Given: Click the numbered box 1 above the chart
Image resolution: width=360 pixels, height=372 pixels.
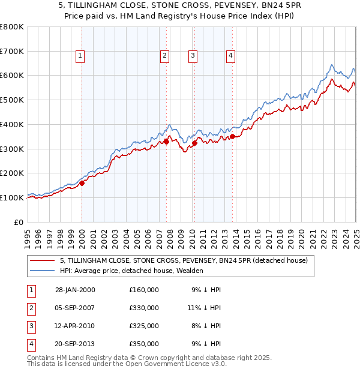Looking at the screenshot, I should [80, 56].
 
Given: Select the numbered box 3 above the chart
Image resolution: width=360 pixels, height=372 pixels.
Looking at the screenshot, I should [193, 56].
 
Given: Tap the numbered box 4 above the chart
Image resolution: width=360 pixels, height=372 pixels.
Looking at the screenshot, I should [230, 56].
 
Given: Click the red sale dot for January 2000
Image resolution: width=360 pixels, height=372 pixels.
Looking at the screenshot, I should [82, 184].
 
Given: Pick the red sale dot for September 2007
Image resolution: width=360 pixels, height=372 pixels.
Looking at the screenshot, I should [166, 142].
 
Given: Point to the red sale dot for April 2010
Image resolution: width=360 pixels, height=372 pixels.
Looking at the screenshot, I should [194, 143].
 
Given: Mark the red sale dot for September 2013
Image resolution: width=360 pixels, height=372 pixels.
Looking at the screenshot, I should [232, 137].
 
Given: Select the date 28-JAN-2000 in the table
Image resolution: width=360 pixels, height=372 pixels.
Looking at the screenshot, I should [75, 290].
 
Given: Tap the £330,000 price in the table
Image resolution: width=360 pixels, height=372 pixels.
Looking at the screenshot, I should [144, 308].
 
